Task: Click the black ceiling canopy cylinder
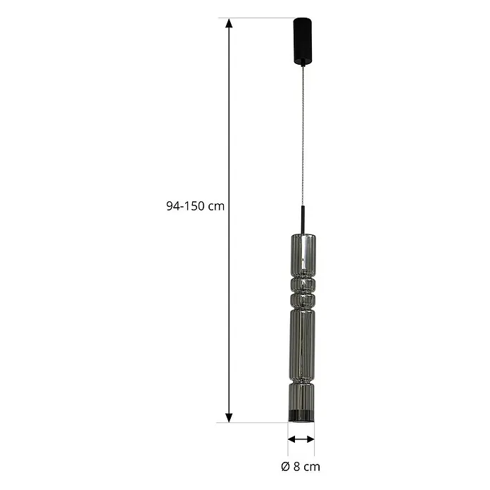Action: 303,42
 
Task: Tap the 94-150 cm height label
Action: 195,206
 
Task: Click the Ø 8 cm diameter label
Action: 301,467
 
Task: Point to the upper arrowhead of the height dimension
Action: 229,24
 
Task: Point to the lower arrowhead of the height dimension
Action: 229,417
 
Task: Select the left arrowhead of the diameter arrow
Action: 292,439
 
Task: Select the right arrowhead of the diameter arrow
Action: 310,439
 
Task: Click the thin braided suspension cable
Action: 303,136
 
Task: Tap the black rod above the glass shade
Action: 303,220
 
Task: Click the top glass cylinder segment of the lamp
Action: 303,255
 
